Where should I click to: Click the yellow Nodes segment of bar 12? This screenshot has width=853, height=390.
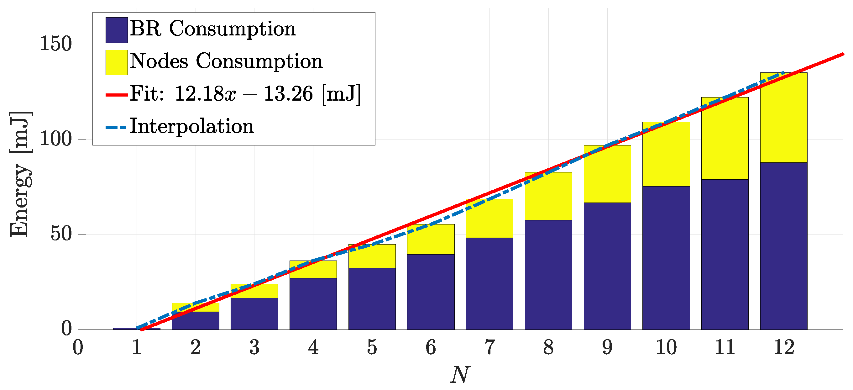pyautogui.click(x=783, y=118)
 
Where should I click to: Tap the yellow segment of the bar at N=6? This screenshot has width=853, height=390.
pyautogui.click(x=431, y=239)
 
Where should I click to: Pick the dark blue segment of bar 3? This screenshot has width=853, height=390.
pyautogui.click(x=254, y=314)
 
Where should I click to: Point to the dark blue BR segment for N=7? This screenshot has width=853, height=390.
pyautogui.click(x=489, y=283)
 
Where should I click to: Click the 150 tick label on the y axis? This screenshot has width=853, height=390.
pyautogui.click(x=56, y=44)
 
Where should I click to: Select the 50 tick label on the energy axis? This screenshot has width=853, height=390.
pyautogui.click(x=61, y=234)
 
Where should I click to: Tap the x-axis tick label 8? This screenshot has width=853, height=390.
pyautogui.click(x=548, y=347)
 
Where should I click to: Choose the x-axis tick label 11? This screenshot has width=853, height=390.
pyautogui.click(x=725, y=347)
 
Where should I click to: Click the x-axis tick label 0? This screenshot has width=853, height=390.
pyautogui.click(x=78, y=347)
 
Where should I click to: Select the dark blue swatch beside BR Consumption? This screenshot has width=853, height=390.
pyautogui.click(x=117, y=30)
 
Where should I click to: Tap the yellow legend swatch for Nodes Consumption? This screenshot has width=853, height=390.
pyautogui.click(x=117, y=62)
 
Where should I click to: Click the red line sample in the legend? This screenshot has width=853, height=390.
pyautogui.click(x=117, y=95)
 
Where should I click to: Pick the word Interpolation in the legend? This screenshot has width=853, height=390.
pyautogui.click(x=192, y=126)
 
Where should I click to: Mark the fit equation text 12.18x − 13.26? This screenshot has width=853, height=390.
pyautogui.click(x=243, y=94)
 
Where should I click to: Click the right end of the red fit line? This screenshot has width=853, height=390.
pyautogui.click(x=842, y=54)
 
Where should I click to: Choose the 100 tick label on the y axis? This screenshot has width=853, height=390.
pyautogui.click(x=56, y=139)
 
